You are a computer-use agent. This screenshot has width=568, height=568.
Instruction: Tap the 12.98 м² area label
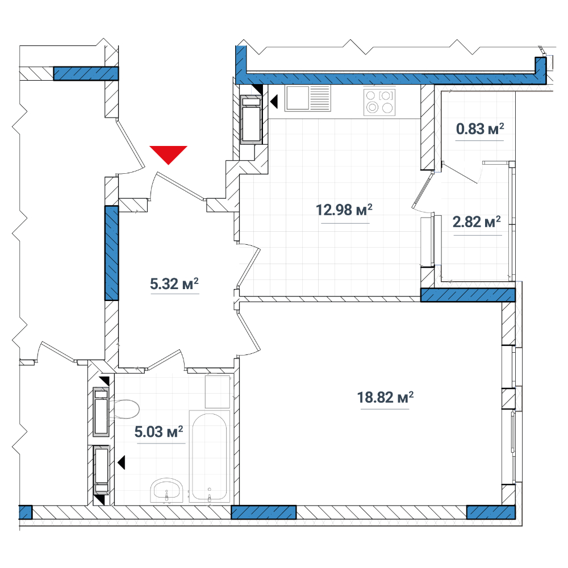tap(344, 210)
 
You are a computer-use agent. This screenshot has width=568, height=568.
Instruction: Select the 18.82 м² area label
tap(386, 398)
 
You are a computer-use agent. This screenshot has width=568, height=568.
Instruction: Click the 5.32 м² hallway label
tap(174, 283)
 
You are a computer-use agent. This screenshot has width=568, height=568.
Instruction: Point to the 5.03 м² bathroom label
tap(158, 432)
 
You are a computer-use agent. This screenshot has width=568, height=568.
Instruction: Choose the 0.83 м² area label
tap(480, 128)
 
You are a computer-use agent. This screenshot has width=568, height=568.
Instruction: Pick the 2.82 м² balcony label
tap(477, 222)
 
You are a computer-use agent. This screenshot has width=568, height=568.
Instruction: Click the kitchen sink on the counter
tap(307, 98)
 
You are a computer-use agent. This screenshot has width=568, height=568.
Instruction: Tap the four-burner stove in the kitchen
tap(379, 102)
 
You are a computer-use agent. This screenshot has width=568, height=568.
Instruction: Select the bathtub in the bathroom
tap(210, 457)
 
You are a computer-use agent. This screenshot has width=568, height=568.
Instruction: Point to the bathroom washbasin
tap(166, 491)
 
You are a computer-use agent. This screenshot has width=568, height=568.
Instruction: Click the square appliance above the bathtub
tap(218, 391)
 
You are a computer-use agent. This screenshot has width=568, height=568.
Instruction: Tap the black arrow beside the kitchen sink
tap(274, 102)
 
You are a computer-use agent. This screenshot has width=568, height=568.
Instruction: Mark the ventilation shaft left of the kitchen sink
tap(252, 120)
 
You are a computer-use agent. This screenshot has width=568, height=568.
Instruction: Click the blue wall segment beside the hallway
tap(111, 253)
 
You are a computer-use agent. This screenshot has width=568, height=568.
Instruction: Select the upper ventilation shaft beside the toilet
tap(101, 412)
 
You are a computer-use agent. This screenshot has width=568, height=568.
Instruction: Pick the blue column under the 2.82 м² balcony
tap(467, 295)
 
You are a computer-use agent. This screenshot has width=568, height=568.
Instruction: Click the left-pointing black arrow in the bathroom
tap(122, 462)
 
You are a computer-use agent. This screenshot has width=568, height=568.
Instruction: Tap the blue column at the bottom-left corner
tap(26, 512)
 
